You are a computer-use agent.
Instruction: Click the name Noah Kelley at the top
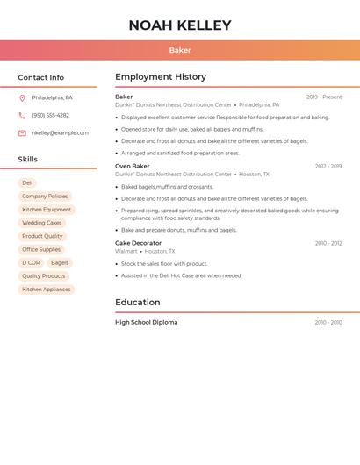coord(180,25)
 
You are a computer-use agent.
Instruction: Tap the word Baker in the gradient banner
coord(180,50)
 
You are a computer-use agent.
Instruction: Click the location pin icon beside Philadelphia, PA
coord(22,98)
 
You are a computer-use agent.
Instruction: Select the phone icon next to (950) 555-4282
coord(22,115)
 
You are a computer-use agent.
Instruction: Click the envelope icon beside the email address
coord(22,133)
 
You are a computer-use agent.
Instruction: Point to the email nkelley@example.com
coord(60,133)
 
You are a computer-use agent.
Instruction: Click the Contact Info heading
coord(41,78)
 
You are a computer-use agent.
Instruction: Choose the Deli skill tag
coord(28,183)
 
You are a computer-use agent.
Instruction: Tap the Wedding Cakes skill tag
coord(42,223)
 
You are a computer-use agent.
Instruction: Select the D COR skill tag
coord(31,262)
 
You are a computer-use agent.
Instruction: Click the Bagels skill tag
coord(60,262)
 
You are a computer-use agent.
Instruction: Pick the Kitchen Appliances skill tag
coord(47,289)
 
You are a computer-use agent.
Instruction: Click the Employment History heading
coord(161,77)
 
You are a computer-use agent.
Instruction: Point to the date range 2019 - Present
coord(324,97)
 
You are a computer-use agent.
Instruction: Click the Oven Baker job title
coord(133,166)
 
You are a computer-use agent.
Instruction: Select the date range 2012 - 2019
coord(328,166)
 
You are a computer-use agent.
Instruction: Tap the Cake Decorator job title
coord(139,243)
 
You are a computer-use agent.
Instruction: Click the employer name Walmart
coord(126,251)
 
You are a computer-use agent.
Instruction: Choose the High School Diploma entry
coord(147,322)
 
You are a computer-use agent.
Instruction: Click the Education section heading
coord(138,303)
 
